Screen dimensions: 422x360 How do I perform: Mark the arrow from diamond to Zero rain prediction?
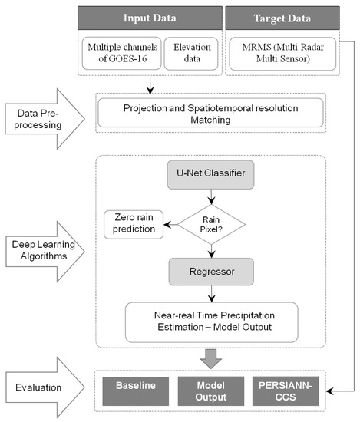173,223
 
